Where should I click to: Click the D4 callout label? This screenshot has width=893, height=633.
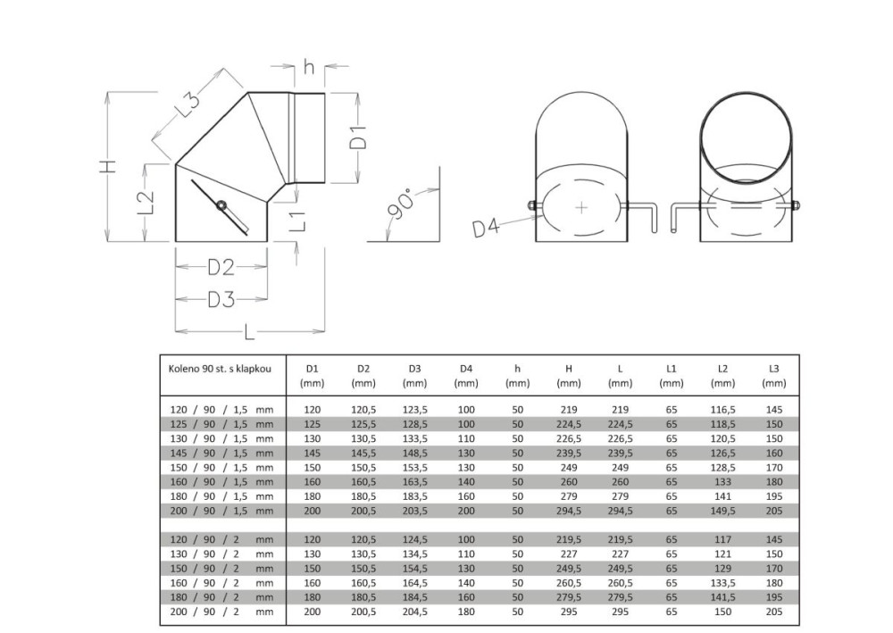tap(486, 229)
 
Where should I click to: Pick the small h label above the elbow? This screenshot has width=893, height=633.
tap(309, 67)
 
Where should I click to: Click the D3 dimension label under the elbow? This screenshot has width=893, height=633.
tap(221, 299)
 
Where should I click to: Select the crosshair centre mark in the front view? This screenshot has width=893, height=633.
tap(581, 207)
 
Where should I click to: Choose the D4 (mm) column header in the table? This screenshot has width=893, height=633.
tap(465, 375)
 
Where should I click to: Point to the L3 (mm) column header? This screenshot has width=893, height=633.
tap(773, 375)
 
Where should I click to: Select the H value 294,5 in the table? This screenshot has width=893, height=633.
tap(569, 511)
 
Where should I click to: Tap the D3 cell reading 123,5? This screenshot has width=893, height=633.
tap(414, 410)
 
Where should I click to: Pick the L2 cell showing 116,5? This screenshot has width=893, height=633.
tap(722, 410)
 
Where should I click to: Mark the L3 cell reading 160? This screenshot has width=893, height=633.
tap(773, 454)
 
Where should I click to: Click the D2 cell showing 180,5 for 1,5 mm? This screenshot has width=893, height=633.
tap(363, 496)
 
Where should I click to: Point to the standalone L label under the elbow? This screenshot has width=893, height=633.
tap(249, 333)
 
